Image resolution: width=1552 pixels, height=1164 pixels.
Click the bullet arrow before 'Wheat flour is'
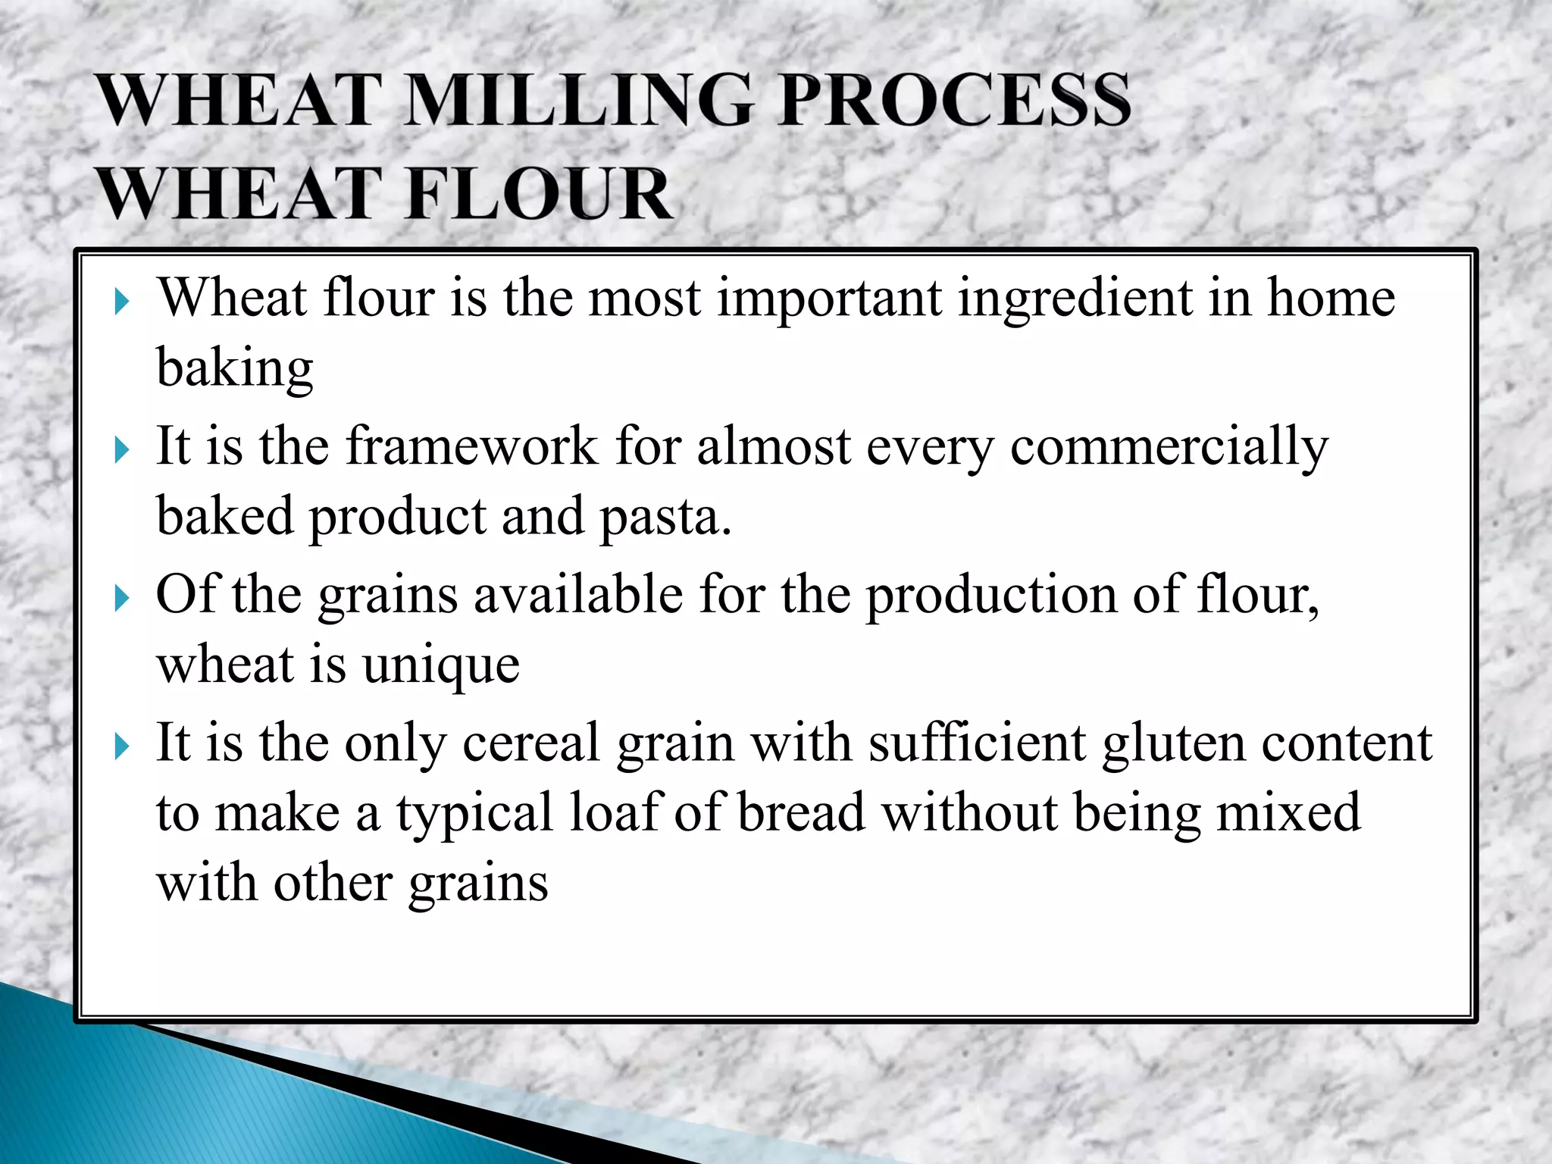[121, 302]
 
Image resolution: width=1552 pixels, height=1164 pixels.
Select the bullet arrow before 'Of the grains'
[121, 599]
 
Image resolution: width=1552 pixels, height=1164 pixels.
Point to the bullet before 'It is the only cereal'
[121, 748]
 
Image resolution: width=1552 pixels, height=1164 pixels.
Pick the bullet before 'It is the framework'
[121, 451]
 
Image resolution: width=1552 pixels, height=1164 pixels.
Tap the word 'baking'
[235, 369]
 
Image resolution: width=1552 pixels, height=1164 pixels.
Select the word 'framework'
[472, 446]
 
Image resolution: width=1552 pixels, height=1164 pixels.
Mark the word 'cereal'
[531, 743]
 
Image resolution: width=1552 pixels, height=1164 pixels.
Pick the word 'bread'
[801, 813]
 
